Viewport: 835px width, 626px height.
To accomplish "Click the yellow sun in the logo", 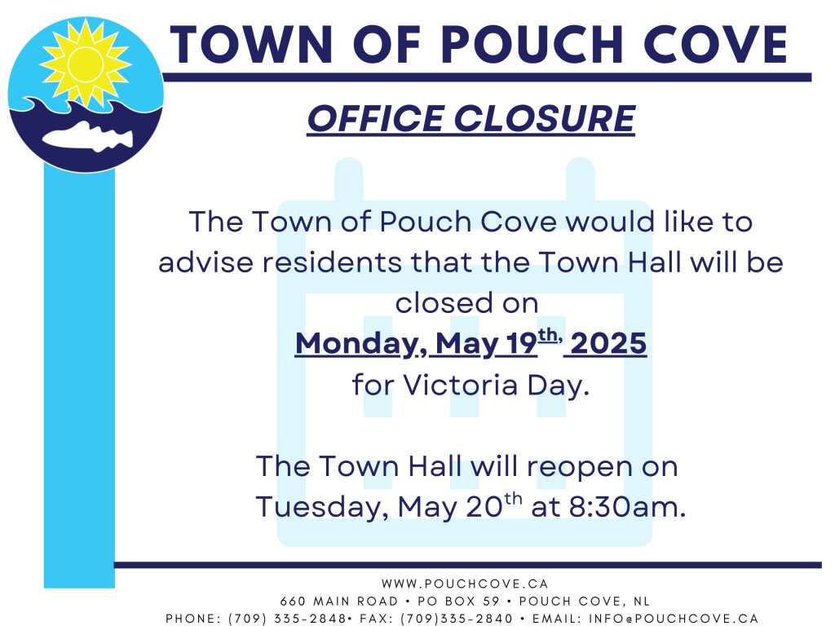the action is (x=85, y=63).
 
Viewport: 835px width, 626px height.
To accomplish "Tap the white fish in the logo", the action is (x=88, y=137).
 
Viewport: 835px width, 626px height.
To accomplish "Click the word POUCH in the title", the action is (x=532, y=45).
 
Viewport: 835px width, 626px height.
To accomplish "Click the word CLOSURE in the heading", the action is (x=545, y=118).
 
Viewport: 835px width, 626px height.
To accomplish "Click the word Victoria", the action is (x=460, y=385).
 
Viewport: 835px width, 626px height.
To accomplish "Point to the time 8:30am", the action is (x=627, y=507).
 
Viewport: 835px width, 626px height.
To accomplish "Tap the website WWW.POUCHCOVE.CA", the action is (x=465, y=584).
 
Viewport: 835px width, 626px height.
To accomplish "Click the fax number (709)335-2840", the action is (x=457, y=619).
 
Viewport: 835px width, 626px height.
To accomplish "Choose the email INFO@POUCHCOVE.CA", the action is (x=673, y=619).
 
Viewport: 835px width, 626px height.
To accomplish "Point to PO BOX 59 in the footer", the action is (x=458, y=602).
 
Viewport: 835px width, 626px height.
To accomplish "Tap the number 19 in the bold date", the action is (x=521, y=343).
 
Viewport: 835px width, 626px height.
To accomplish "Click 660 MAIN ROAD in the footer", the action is (x=339, y=602).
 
